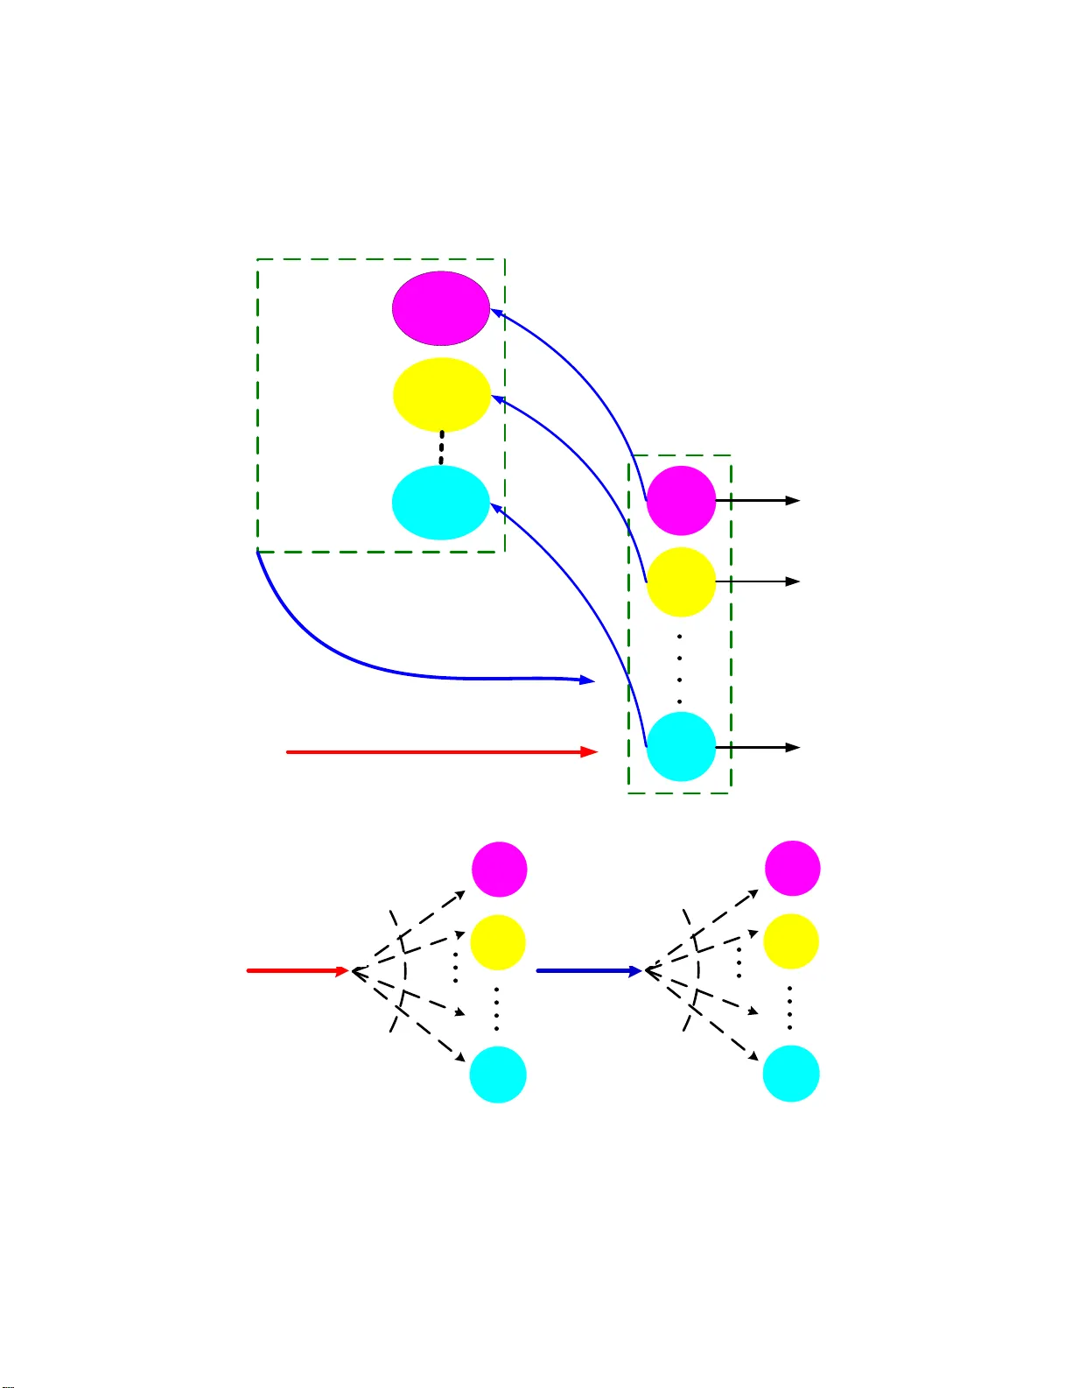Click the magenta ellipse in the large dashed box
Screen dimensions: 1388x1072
pyautogui.click(x=440, y=308)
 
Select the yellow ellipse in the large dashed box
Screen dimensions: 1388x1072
pyautogui.click(x=441, y=395)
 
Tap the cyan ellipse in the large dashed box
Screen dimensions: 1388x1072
pyautogui.click(x=440, y=503)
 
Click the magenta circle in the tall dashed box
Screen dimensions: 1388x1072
pyautogui.click(x=681, y=501)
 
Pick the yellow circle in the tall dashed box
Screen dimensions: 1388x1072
pyautogui.click(x=681, y=582)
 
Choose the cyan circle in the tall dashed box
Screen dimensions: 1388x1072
pyautogui.click(x=681, y=746)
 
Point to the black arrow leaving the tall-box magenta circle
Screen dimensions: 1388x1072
pyautogui.click(x=758, y=500)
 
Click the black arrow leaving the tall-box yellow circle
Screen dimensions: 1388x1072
pyautogui.click(x=758, y=581)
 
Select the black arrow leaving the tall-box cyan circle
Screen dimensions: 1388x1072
pyautogui.click(x=758, y=747)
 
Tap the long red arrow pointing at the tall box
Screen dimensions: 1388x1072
pyautogui.click(x=442, y=751)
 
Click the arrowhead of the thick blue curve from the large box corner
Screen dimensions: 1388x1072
pyautogui.click(x=588, y=680)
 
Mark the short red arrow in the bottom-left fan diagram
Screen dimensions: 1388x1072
pyautogui.click(x=298, y=970)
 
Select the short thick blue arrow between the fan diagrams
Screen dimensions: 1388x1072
pyautogui.click(x=589, y=970)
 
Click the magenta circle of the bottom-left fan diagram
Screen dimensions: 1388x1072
pyautogui.click(x=500, y=869)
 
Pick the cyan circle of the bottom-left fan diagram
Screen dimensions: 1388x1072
pyautogui.click(x=498, y=1074)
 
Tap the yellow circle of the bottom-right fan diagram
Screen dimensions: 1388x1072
pyautogui.click(x=791, y=941)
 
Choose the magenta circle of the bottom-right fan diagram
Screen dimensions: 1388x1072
pyautogui.click(x=793, y=868)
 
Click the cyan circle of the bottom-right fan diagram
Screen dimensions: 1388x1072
pyautogui.click(x=791, y=1074)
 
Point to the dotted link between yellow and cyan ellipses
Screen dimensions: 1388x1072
pyautogui.click(x=441, y=447)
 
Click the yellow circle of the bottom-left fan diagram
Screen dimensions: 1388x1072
pyautogui.click(x=498, y=942)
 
